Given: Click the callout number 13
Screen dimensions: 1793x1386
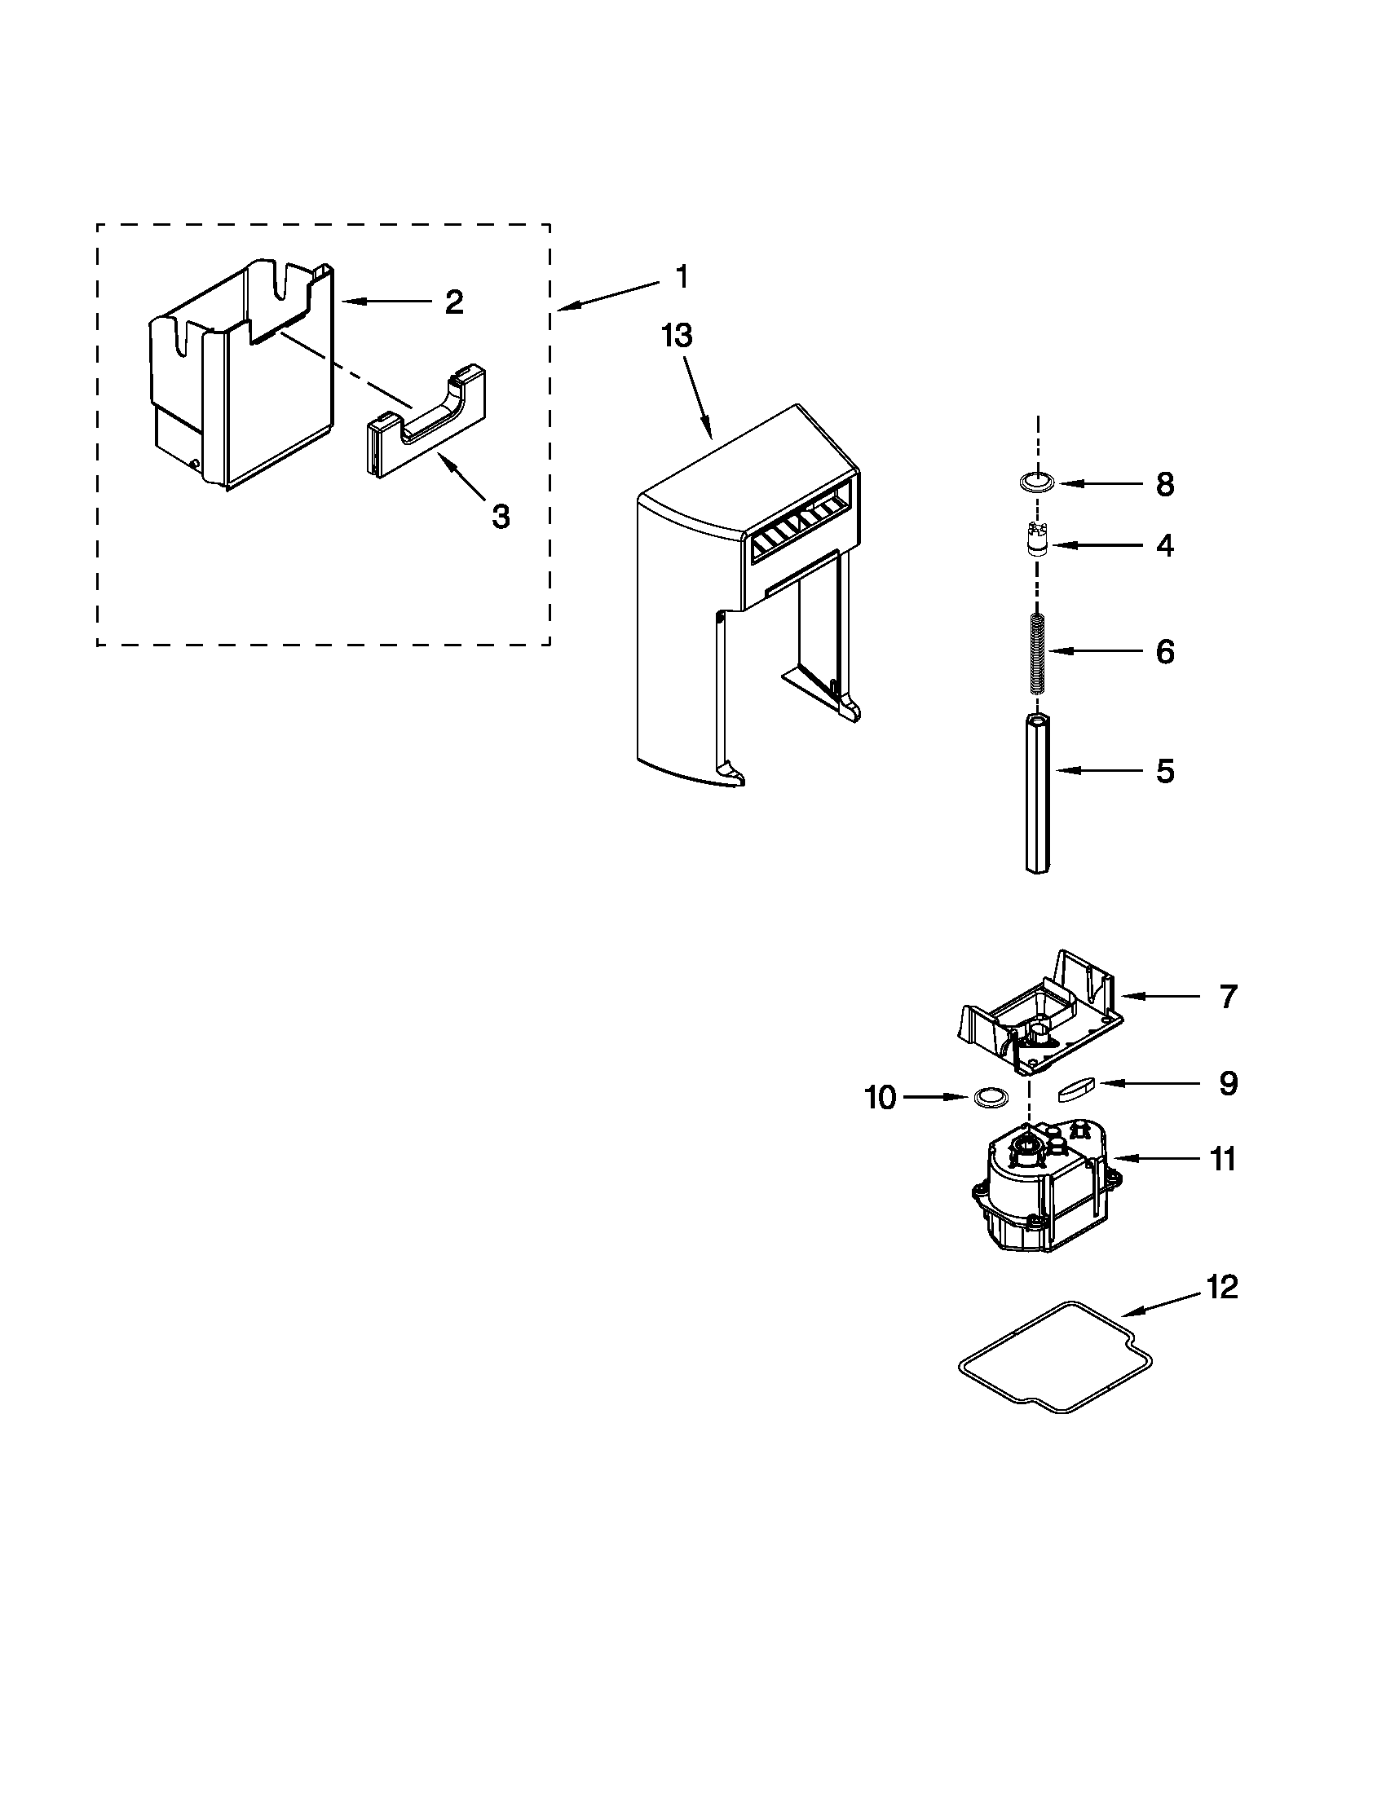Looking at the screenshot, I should click(678, 336).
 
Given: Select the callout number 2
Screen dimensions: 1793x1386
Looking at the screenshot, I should click(453, 302).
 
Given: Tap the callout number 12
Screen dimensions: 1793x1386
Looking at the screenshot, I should click(1222, 1286).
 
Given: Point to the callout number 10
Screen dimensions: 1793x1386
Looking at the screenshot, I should click(881, 1097).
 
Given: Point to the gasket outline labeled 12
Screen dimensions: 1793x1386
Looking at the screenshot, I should click(1055, 1359).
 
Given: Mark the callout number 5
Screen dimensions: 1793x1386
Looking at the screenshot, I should click(1165, 771).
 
